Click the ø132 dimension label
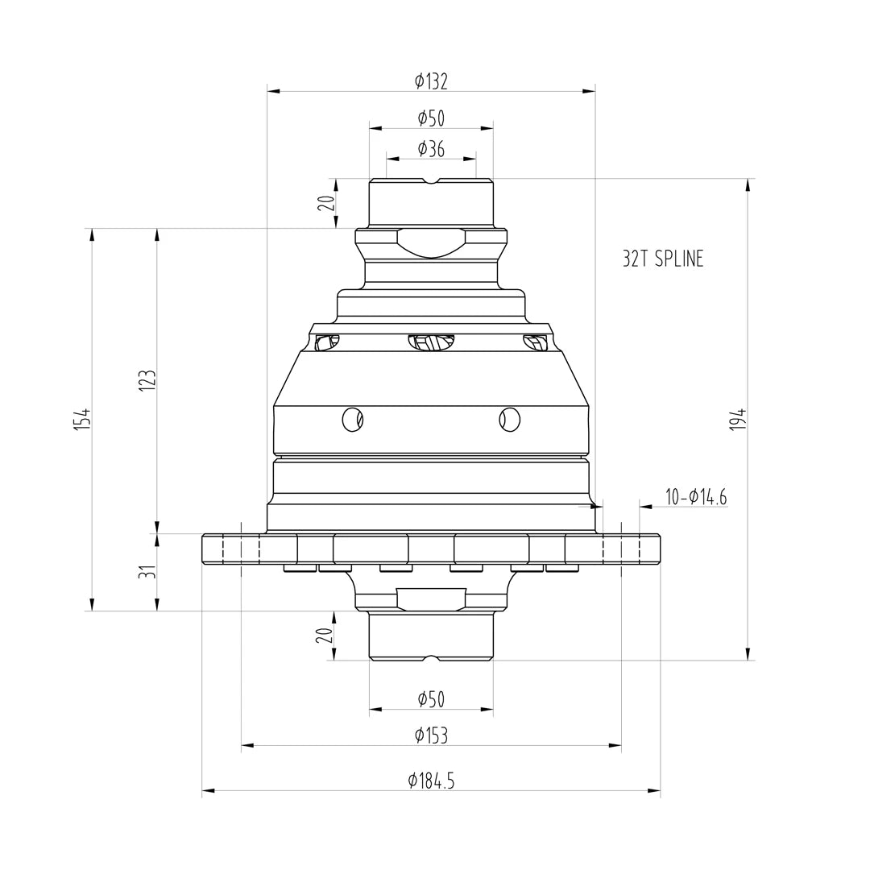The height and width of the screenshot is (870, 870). pyautogui.click(x=431, y=81)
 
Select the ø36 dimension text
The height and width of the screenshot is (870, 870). pyautogui.click(x=431, y=149)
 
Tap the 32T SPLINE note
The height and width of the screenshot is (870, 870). pyautogui.click(x=662, y=259)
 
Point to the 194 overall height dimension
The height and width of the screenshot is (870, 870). pyautogui.click(x=738, y=420)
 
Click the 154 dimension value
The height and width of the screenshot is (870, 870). pyautogui.click(x=82, y=419)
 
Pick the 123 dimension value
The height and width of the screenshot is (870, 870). pyautogui.click(x=147, y=380)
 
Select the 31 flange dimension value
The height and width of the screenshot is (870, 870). pyautogui.click(x=147, y=572)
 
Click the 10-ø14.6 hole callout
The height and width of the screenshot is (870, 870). pyautogui.click(x=696, y=497)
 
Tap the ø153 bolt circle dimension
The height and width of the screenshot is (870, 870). pyautogui.click(x=431, y=735)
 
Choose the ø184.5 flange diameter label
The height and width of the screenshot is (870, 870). pyautogui.click(x=431, y=780)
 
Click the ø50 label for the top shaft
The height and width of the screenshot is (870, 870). pyautogui.click(x=431, y=118)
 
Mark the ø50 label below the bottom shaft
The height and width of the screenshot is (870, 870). pyautogui.click(x=431, y=699)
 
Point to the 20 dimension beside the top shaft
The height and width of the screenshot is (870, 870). pyautogui.click(x=325, y=203)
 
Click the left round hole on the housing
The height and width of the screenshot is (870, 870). pyautogui.click(x=352, y=420)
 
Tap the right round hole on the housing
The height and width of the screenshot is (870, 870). pyautogui.click(x=509, y=420)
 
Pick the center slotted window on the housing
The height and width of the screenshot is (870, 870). pyautogui.click(x=431, y=342)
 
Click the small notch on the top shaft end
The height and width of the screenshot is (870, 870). pyautogui.click(x=432, y=181)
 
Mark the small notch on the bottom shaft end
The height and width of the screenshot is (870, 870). pyautogui.click(x=432, y=658)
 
